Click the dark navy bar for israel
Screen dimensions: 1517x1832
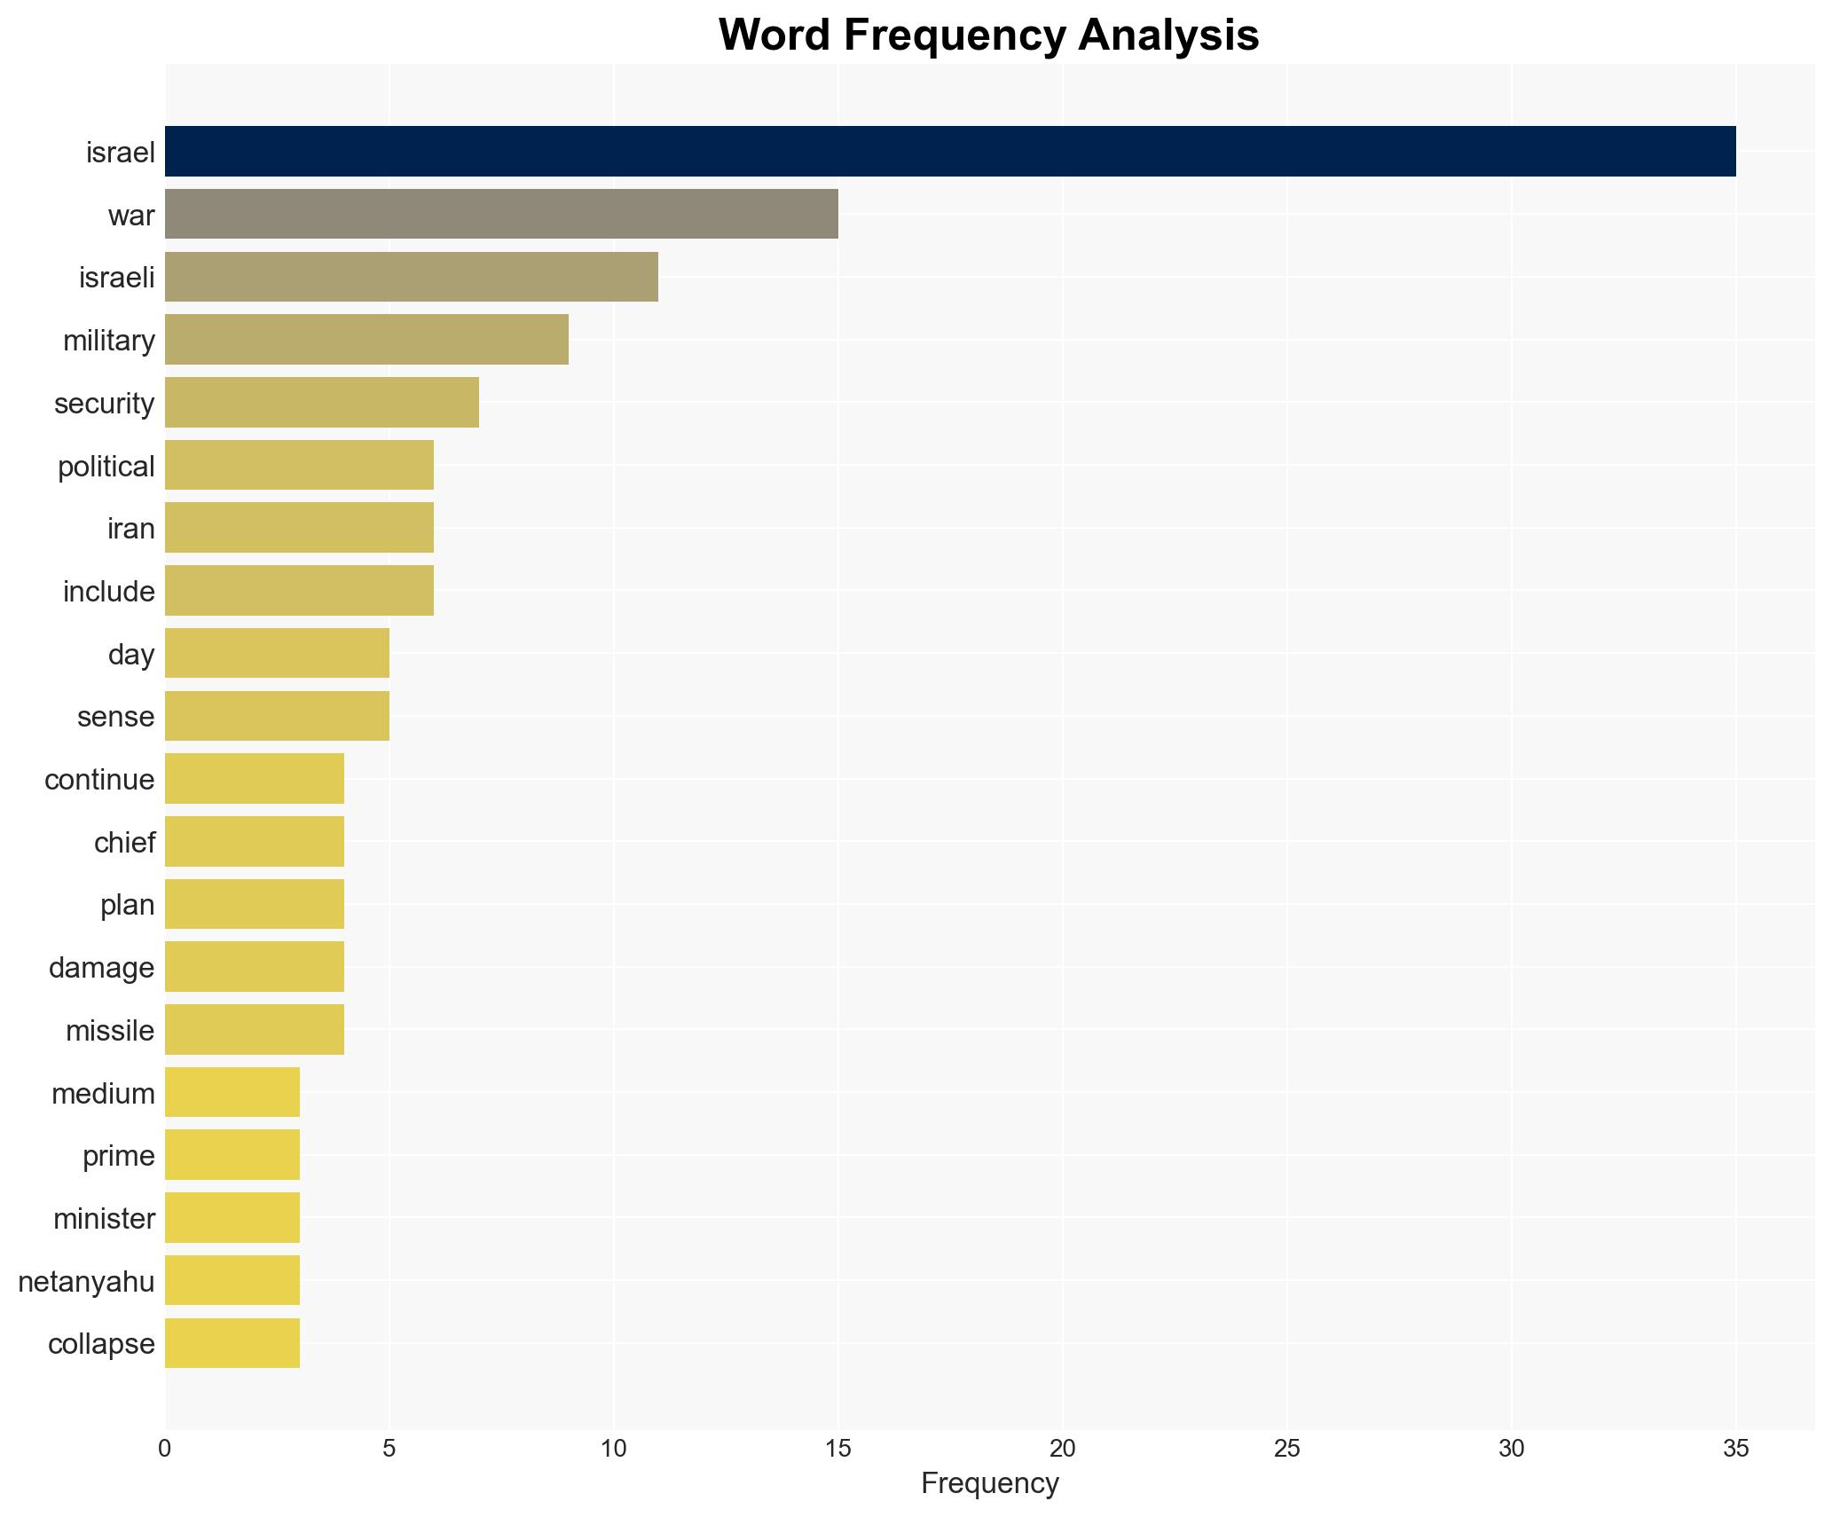pos(949,152)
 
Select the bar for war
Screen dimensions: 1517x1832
pos(501,214)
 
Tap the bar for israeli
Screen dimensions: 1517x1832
pos(411,277)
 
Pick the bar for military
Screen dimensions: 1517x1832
pos(366,340)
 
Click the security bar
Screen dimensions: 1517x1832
pos(321,403)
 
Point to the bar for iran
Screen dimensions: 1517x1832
pos(299,528)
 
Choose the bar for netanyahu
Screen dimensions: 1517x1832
pos(232,1280)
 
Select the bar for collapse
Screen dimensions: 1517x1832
pos(232,1343)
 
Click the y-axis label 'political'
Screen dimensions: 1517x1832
pos(106,466)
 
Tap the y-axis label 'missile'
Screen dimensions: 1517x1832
pos(110,1030)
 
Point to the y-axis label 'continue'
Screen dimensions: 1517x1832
pos(99,779)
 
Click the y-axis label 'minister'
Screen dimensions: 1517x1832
pos(104,1218)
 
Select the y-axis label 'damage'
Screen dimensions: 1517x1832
pos(101,967)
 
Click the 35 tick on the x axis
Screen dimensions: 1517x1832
pos(1735,1449)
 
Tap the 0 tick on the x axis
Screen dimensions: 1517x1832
pos(165,1449)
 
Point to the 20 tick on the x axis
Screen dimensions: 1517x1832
pos(1062,1449)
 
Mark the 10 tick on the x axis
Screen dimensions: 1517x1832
pos(613,1449)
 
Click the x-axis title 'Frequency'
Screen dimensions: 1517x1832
pos(989,1483)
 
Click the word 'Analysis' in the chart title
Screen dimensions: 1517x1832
pos(1168,35)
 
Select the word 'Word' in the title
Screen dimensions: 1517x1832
pos(774,35)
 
